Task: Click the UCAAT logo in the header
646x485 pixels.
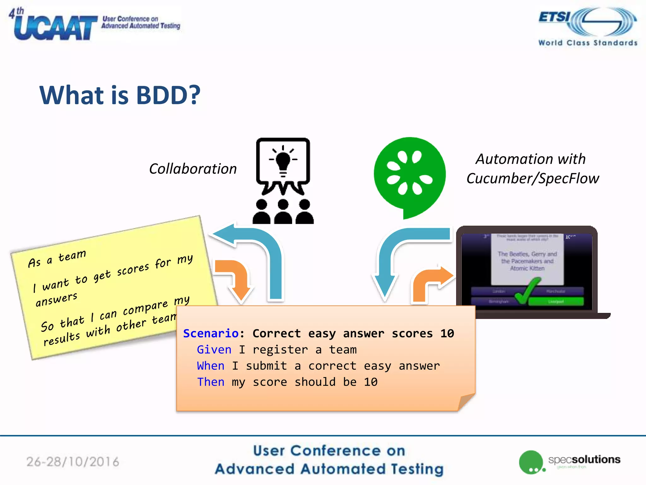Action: point(55,27)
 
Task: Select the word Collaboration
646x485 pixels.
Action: point(193,169)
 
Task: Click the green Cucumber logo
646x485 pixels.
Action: point(409,175)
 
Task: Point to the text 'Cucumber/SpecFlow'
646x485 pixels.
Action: point(532,178)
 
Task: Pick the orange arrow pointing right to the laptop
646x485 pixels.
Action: point(432,281)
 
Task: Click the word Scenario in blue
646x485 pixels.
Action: point(211,333)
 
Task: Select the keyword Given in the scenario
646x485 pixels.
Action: point(214,350)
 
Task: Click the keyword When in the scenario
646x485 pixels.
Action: point(210,366)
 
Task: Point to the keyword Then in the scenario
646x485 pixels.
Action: point(210,382)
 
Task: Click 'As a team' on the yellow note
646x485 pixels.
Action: point(57,258)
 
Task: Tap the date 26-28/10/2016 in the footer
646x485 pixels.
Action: point(73,462)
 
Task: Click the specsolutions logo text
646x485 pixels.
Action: point(584,459)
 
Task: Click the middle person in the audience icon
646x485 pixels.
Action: point(283,212)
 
